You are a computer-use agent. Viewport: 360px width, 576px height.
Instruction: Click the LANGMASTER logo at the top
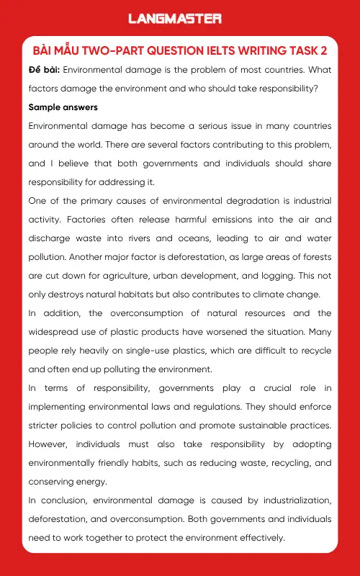click(175, 18)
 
